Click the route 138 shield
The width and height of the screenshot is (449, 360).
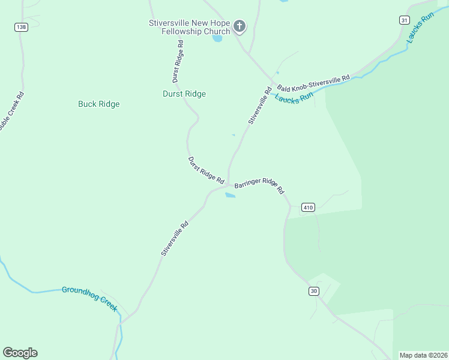coord(22,28)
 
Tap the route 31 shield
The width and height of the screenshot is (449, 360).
coord(404,20)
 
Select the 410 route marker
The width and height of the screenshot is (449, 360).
coord(308,208)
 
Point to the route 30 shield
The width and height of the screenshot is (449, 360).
coord(314,291)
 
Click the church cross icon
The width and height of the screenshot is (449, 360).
coord(240,26)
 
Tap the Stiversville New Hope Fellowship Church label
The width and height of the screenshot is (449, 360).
coord(190,27)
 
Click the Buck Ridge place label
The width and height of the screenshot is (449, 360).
coord(99,104)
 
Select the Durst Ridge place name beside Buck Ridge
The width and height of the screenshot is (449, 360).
coord(184,94)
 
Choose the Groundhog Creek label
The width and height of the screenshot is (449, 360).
coord(89,298)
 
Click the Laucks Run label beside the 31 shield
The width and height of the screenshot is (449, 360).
coord(419,28)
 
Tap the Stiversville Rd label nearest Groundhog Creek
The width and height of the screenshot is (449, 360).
coord(175,239)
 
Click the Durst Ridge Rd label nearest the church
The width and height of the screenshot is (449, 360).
coord(176,62)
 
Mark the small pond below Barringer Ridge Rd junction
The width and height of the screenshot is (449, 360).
coord(230,195)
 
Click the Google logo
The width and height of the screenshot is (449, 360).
coord(20,353)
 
